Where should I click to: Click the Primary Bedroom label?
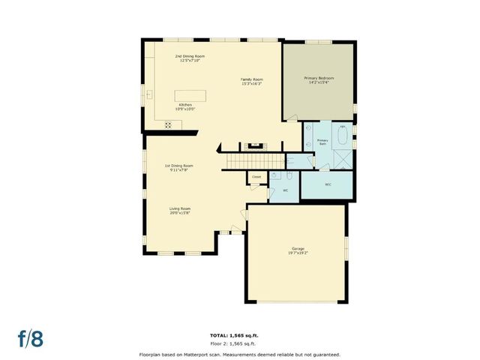tap(319, 79)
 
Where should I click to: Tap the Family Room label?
tap(251, 79)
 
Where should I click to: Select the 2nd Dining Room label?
tap(190, 56)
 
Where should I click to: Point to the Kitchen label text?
tap(184, 105)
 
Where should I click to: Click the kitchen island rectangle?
tap(190, 95)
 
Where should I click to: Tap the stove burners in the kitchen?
tap(167, 125)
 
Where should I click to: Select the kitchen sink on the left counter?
tap(149, 94)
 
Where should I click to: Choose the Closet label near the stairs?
tap(256, 177)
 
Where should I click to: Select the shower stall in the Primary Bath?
tap(343, 158)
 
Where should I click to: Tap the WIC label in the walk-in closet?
tap(328, 184)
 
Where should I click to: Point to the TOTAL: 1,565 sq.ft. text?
tap(239, 334)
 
